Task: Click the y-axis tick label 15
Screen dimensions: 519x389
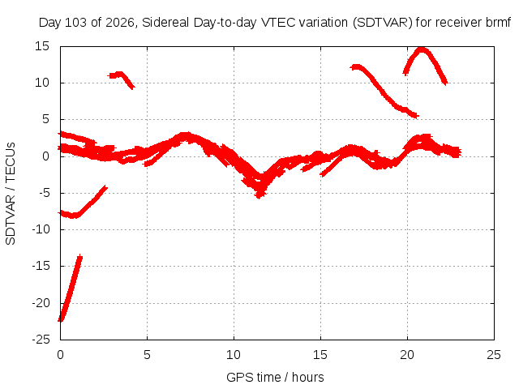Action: [x=42, y=46]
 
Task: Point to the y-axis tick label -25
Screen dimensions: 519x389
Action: [x=41, y=340]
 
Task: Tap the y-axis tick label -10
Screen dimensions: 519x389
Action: [x=41, y=229]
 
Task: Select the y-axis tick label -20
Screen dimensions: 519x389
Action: [x=41, y=302]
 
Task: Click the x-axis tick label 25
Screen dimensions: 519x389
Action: [x=494, y=355]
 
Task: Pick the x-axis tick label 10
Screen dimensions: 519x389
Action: [x=234, y=355]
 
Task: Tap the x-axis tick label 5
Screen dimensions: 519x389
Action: [x=147, y=355]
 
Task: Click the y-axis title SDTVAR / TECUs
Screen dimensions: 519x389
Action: [x=11, y=194]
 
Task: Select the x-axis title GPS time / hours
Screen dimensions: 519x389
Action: [x=275, y=378]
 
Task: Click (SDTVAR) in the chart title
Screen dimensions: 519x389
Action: [x=382, y=23]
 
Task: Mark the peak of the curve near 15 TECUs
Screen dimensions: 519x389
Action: [x=422, y=49]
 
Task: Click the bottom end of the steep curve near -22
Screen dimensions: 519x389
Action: [x=61, y=320]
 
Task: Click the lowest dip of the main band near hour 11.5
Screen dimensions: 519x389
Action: [x=259, y=196]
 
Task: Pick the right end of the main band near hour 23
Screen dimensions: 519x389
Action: [x=460, y=152]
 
